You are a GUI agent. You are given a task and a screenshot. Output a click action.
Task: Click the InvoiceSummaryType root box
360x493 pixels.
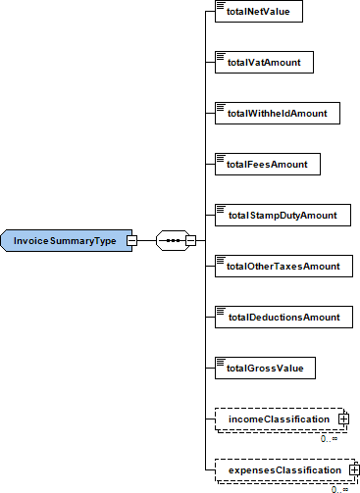pyautogui.click(x=67, y=240)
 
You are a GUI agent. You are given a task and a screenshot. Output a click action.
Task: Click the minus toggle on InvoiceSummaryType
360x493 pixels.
pyautogui.click(x=131, y=240)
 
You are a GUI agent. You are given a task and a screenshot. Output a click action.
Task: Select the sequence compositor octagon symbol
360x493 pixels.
pyautogui.click(x=174, y=240)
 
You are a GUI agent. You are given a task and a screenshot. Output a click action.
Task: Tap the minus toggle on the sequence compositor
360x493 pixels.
pyautogui.click(x=190, y=240)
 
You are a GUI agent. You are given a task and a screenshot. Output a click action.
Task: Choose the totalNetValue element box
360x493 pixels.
pyautogui.click(x=259, y=12)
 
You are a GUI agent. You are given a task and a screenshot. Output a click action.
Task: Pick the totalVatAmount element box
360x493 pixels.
pyautogui.click(x=264, y=62)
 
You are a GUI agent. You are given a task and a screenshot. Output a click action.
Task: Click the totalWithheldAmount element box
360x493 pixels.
pyautogui.click(x=278, y=113)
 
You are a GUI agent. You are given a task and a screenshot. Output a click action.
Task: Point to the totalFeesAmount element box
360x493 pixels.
pyautogui.click(x=268, y=164)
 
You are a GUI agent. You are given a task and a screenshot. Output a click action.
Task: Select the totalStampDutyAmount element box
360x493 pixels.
pyautogui.click(x=283, y=215)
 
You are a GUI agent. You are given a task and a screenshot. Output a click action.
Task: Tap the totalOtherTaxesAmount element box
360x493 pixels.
pyautogui.click(x=283, y=266)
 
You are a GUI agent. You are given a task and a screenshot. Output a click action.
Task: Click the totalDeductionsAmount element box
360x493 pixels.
pyautogui.click(x=283, y=317)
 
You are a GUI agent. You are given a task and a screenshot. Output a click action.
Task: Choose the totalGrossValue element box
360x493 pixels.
pyautogui.click(x=265, y=368)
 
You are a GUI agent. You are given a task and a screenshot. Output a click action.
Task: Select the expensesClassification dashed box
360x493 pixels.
pyautogui.click(x=285, y=469)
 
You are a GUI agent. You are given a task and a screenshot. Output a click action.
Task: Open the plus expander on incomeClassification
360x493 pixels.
pyautogui.click(x=343, y=419)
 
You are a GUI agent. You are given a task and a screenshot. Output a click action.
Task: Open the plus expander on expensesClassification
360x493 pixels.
pyautogui.click(x=354, y=469)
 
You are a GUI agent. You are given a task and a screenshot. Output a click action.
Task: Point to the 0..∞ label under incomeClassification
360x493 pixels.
pyautogui.click(x=329, y=438)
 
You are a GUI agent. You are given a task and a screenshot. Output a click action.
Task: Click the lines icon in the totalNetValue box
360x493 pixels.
pyautogui.click(x=221, y=5)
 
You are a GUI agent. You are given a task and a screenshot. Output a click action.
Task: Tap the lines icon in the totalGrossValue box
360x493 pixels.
pyautogui.click(x=221, y=362)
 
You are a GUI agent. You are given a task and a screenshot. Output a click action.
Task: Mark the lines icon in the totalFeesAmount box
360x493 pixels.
pyautogui.click(x=221, y=158)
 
